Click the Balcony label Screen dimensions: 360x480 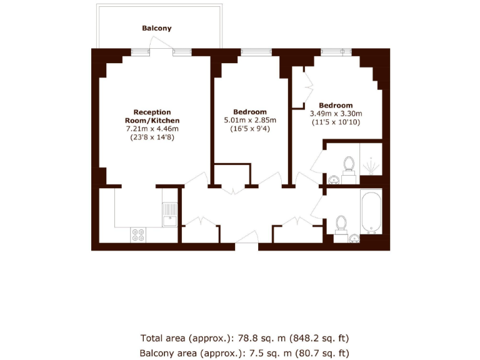pos(156,28)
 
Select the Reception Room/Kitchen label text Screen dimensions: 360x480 pos(152,116)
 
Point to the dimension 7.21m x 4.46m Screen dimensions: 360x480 pos(152,129)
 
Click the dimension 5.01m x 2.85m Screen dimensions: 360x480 pos(250,120)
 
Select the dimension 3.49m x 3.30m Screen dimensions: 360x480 pos(336,114)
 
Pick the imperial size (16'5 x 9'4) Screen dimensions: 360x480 pos(250,129)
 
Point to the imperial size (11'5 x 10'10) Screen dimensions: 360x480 pos(336,122)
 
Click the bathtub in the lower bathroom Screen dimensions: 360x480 pos(370,212)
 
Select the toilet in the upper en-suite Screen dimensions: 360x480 pos(348,166)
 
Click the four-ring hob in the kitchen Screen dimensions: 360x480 pos(138,235)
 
